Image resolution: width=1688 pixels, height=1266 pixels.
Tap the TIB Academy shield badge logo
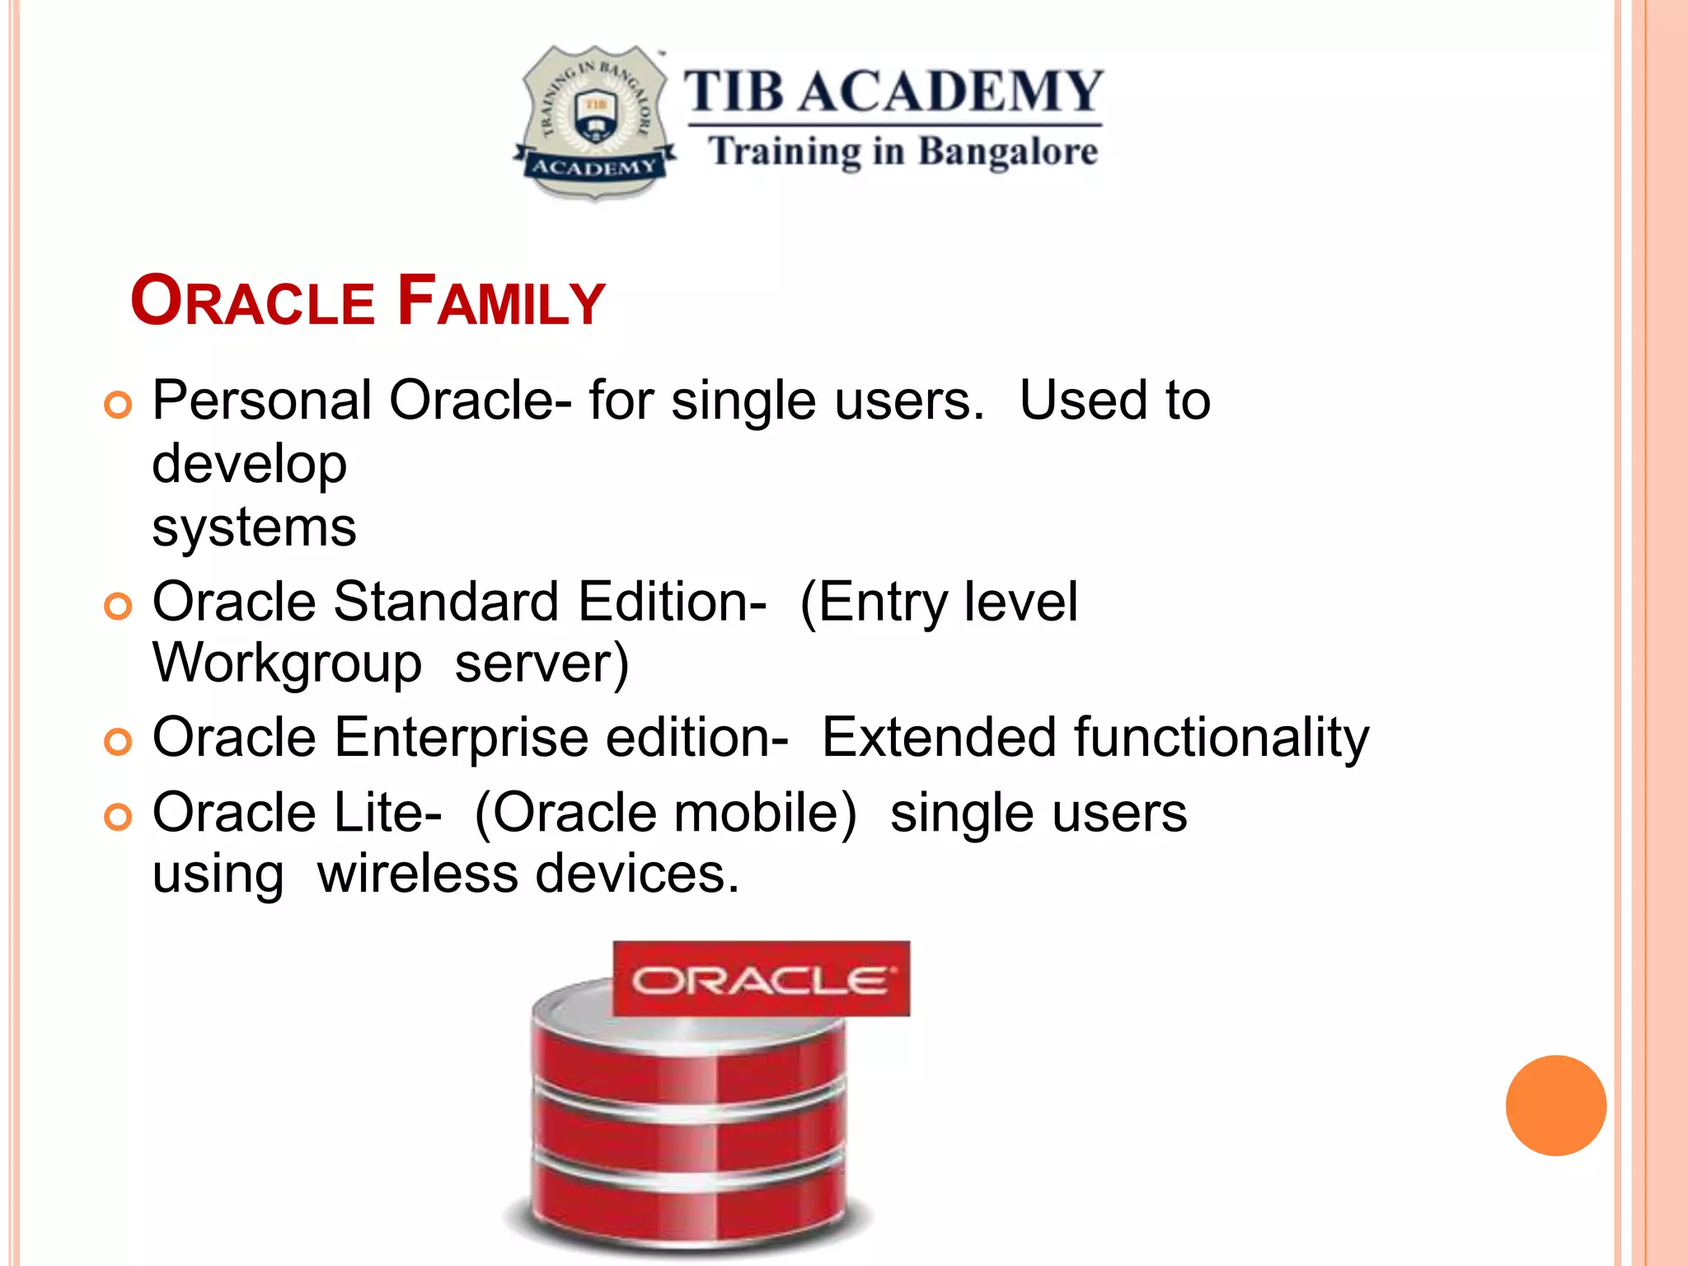(595, 122)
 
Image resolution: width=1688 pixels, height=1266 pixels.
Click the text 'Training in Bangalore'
(903, 152)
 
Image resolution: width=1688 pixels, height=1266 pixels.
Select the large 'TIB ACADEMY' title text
(893, 91)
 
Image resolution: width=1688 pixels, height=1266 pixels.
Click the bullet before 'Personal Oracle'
(118, 405)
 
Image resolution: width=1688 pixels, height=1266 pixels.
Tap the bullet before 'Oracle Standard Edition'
(118, 607)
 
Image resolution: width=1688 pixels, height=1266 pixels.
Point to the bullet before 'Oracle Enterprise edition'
(118, 742)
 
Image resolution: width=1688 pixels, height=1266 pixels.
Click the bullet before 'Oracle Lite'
(118, 818)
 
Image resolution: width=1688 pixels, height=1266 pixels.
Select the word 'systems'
(254, 527)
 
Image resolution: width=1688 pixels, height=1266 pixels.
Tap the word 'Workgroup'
(287, 663)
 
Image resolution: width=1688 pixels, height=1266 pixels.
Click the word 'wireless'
(418, 874)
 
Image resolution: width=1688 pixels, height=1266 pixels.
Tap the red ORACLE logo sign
(761, 979)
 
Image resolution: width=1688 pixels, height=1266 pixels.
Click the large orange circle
(1555, 1105)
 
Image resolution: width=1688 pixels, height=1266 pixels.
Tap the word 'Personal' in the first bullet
(262, 401)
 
